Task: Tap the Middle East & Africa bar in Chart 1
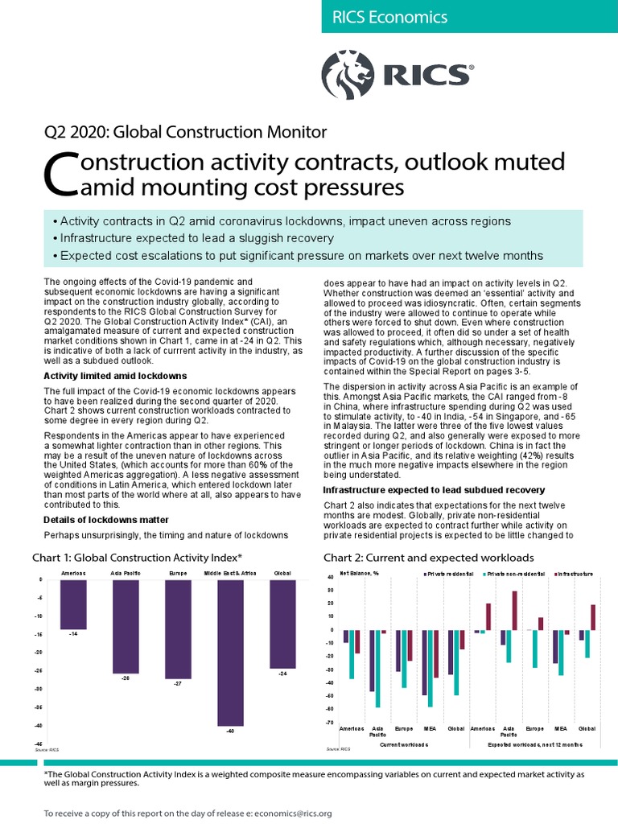(230, 652)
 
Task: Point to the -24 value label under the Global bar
(282, 674)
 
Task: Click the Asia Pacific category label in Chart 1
(126, 573)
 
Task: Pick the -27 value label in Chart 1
(178, 684)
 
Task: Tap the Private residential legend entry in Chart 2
(450, 574)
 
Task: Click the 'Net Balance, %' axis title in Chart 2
(359, 573)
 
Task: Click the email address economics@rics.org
(292, 814)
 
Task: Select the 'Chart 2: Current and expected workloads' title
(430, 557)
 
